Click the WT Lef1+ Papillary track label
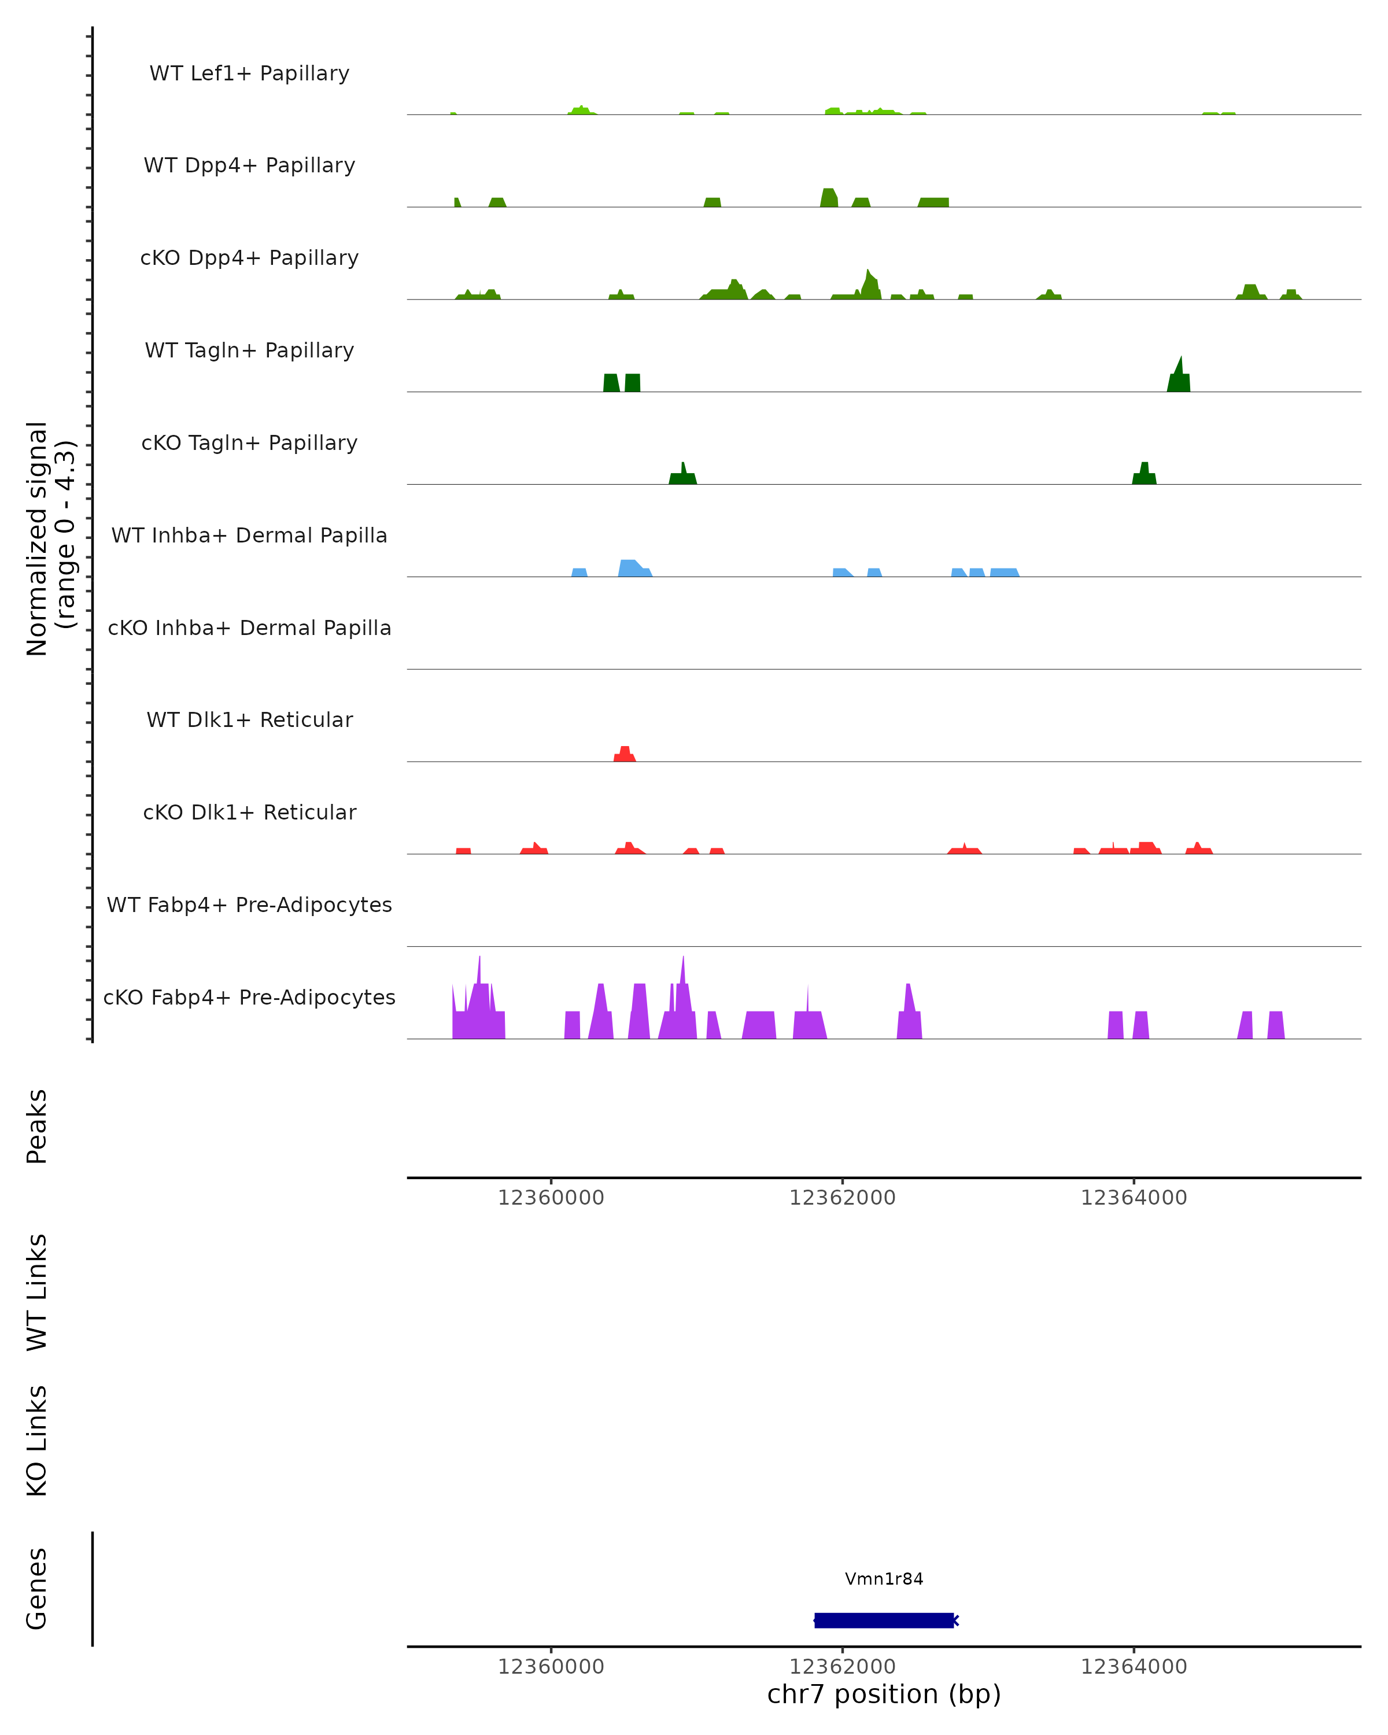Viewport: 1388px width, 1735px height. click(249, 73)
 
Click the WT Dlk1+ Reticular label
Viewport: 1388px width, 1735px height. click(249, 719)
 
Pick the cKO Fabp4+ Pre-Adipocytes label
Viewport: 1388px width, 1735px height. click(249, 997)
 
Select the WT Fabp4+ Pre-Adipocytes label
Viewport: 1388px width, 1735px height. click(249, 905)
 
